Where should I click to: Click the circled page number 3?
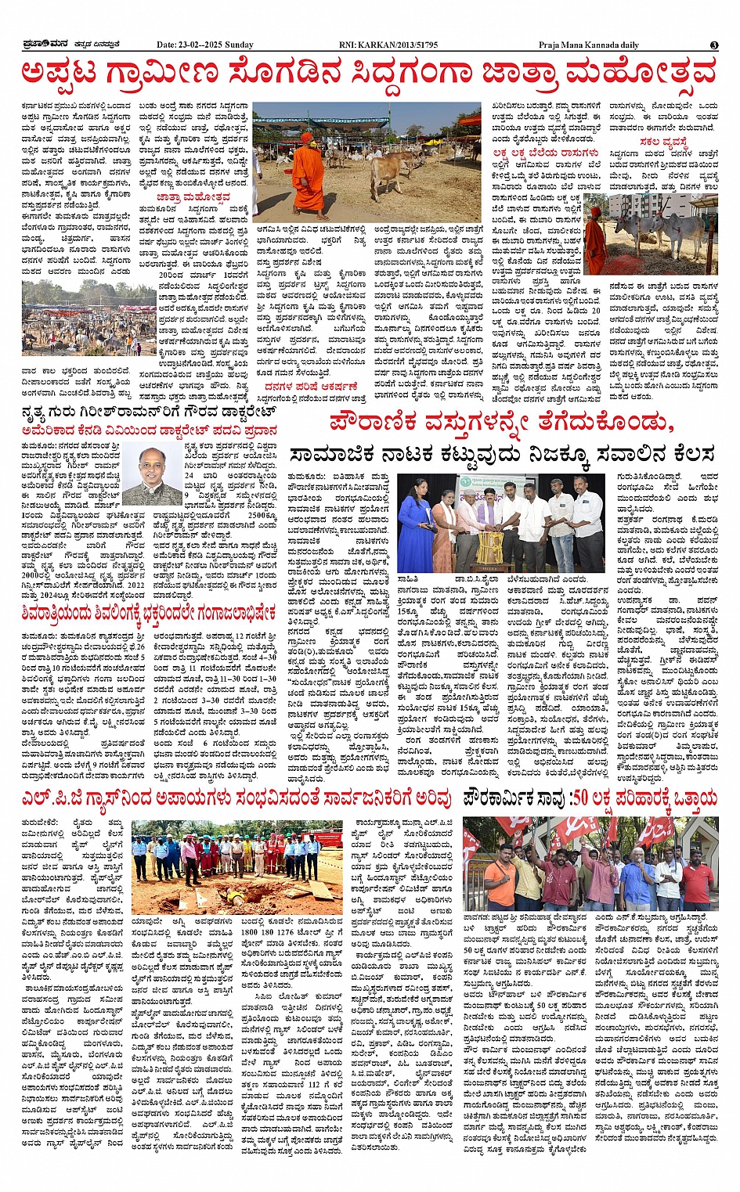[714, 45]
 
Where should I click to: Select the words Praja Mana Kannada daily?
[595, 45]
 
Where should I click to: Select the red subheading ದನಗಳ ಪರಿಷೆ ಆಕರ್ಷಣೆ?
[311, 386]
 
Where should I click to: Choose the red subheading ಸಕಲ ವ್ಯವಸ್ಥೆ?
[663, 142]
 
